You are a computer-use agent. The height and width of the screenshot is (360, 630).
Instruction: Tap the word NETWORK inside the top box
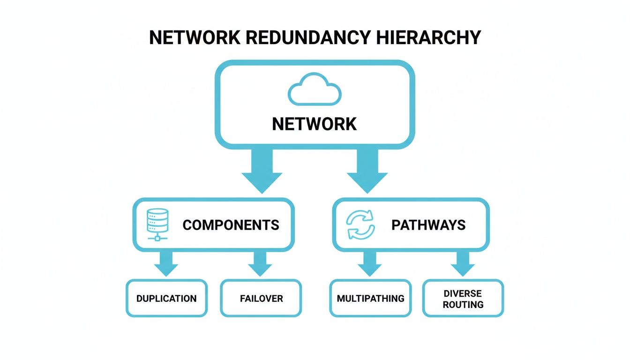pos(314,124)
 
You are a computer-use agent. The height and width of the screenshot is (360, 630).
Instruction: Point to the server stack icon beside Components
pos(157,224)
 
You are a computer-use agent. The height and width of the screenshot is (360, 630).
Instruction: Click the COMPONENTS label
pos(231,225)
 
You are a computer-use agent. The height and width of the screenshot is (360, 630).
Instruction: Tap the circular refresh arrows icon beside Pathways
pos(360,225)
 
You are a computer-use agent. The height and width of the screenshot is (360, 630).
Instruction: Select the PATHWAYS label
pos(428,225)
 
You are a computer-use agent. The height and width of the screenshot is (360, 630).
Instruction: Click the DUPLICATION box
pos(166,298)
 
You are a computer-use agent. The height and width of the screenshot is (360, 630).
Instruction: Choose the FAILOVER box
pos(261,298)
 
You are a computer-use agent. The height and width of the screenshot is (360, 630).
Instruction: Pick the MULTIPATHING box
pos(370,298)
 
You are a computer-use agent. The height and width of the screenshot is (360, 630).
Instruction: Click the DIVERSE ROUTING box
pos(463,299)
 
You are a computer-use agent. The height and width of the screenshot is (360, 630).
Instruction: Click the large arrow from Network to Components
pos(262,171)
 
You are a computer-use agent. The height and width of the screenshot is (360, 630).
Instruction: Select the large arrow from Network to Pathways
pos(367,171)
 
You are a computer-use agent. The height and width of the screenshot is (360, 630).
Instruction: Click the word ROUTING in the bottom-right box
pos(463,305)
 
